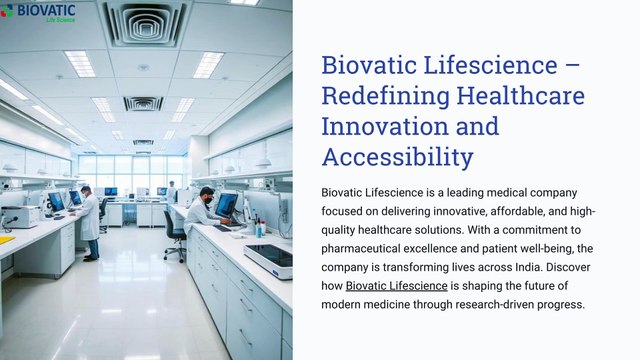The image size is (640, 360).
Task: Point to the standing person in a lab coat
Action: (90, 222)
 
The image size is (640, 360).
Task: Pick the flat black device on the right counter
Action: (269, 261)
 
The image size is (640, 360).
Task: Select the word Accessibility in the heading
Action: (397, 157)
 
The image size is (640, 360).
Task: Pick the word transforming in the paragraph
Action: (421, 267)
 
